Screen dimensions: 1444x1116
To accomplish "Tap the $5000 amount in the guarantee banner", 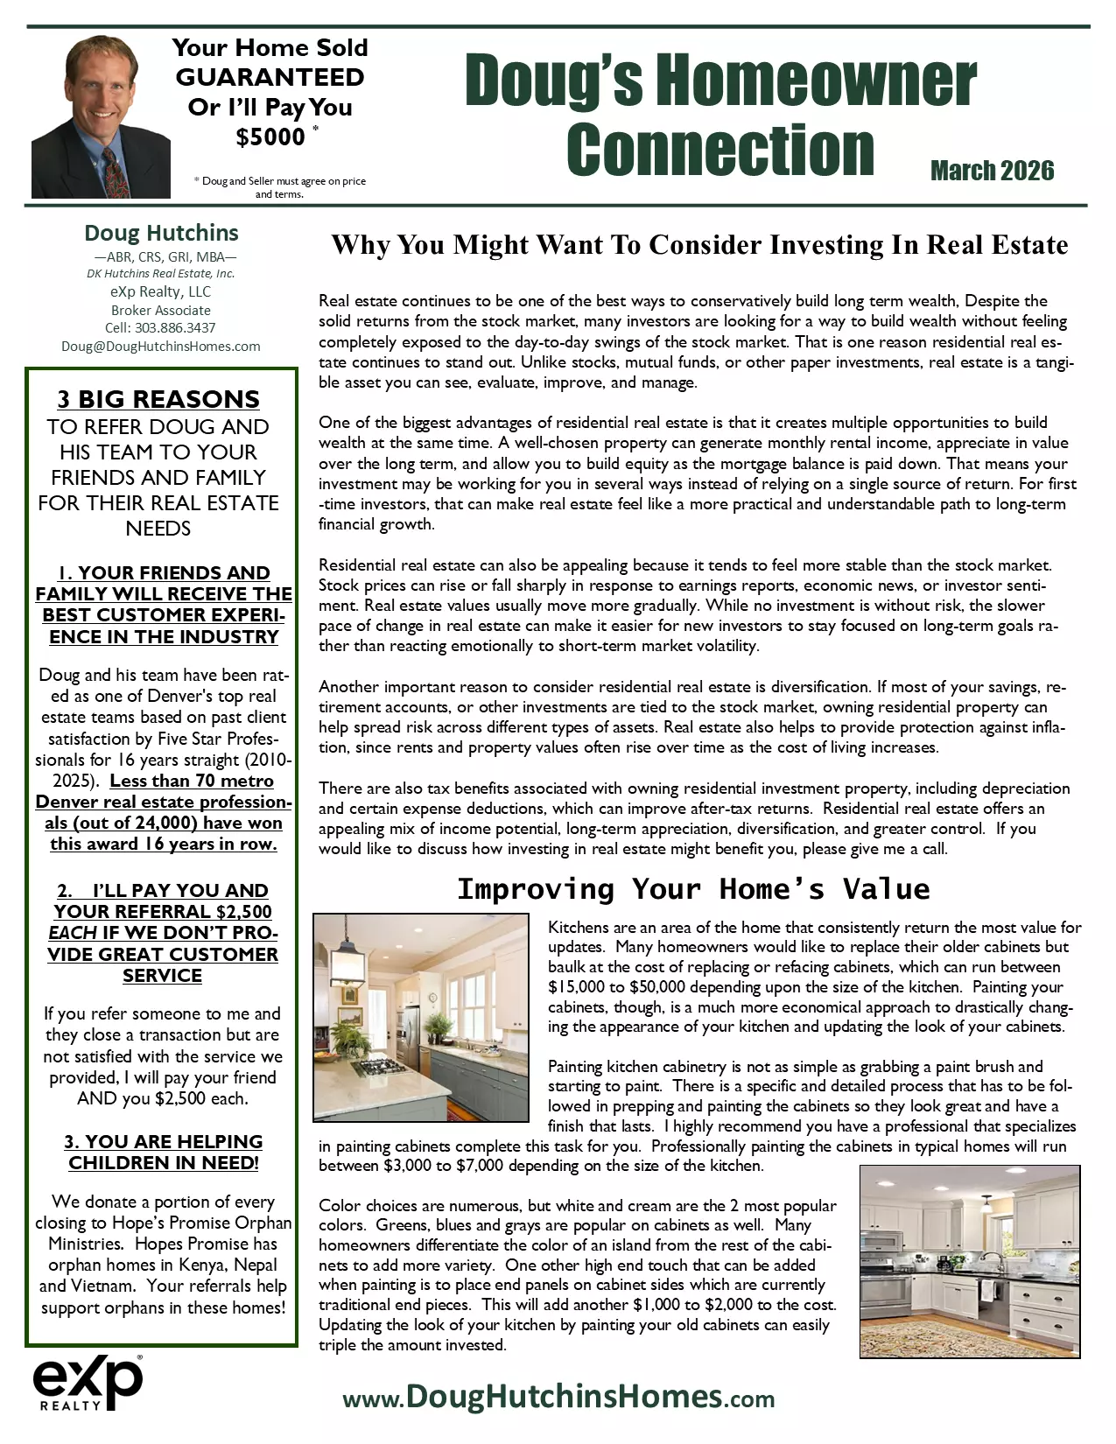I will click(x=270, y=137).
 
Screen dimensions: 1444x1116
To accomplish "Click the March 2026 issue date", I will click(x=992, y=171).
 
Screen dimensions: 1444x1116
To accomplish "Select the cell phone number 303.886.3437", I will click(x=174, y=327).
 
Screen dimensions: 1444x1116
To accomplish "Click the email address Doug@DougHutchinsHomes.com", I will click(x=161, y=346).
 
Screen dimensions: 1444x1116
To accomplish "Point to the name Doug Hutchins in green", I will click(x=161, y=233).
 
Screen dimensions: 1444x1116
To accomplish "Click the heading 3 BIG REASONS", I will click(x=158, y=399).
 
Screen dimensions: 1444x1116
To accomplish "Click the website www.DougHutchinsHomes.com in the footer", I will click(x=558, y=1396).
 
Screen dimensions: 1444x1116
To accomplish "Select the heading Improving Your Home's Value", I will click(x=693, y=889).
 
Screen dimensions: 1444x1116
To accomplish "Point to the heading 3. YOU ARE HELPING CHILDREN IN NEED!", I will click(x=163, y=1152).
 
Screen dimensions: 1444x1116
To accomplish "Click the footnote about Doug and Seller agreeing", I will click(x=280, y=187).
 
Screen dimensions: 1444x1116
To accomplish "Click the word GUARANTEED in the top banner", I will click(x=270, y=77).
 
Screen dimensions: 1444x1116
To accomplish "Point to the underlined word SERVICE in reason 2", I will click(x=162, y=975).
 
